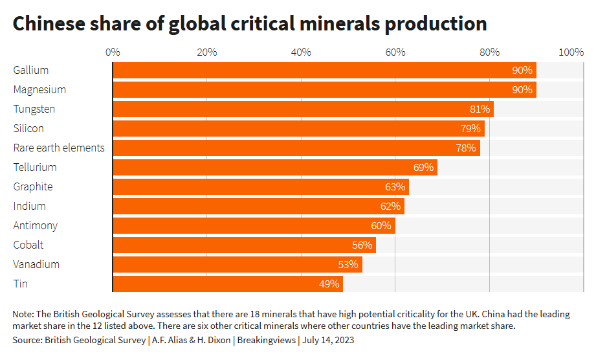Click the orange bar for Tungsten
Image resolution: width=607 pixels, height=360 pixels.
point(303,109)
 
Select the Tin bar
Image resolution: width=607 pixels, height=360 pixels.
point(228,284)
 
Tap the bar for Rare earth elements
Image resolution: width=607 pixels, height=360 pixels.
point(296,148)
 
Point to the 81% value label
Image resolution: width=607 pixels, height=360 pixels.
point(480,109)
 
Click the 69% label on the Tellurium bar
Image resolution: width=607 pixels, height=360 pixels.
point(423,167)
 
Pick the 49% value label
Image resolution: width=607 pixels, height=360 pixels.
point(329,284)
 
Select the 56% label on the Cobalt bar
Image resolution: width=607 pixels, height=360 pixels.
point(362,245)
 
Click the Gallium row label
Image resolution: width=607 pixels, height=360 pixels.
point(31,70)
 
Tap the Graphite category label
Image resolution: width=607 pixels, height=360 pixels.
point(33,186)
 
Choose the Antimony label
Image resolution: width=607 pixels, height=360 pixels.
point(36,225)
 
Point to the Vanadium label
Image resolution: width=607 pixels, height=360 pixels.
point(36,264)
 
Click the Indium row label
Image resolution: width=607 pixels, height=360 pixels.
point(30,206)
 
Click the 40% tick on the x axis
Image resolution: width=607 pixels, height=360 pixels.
point(301,52)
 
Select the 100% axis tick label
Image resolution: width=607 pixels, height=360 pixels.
point(571,52)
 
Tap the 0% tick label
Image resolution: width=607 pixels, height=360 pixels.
point(113,52)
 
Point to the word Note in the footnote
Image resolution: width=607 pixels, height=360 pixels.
point(23,314)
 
